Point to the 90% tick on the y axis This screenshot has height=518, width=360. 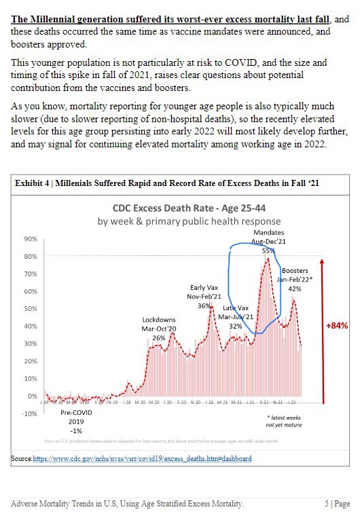(30, 240)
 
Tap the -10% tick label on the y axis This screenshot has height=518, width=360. (29, 413)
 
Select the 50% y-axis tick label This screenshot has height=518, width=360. (30, 309)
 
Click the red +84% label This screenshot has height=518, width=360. (337, 325)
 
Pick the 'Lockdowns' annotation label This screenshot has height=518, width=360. (159, 319)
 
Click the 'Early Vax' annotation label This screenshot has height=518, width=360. (204, 287)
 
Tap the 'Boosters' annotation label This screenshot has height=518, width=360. (295, 270)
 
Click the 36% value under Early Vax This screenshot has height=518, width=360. (204, 306)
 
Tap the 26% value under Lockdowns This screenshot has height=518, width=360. (159, 337)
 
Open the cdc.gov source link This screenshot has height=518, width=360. (142, 459)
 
